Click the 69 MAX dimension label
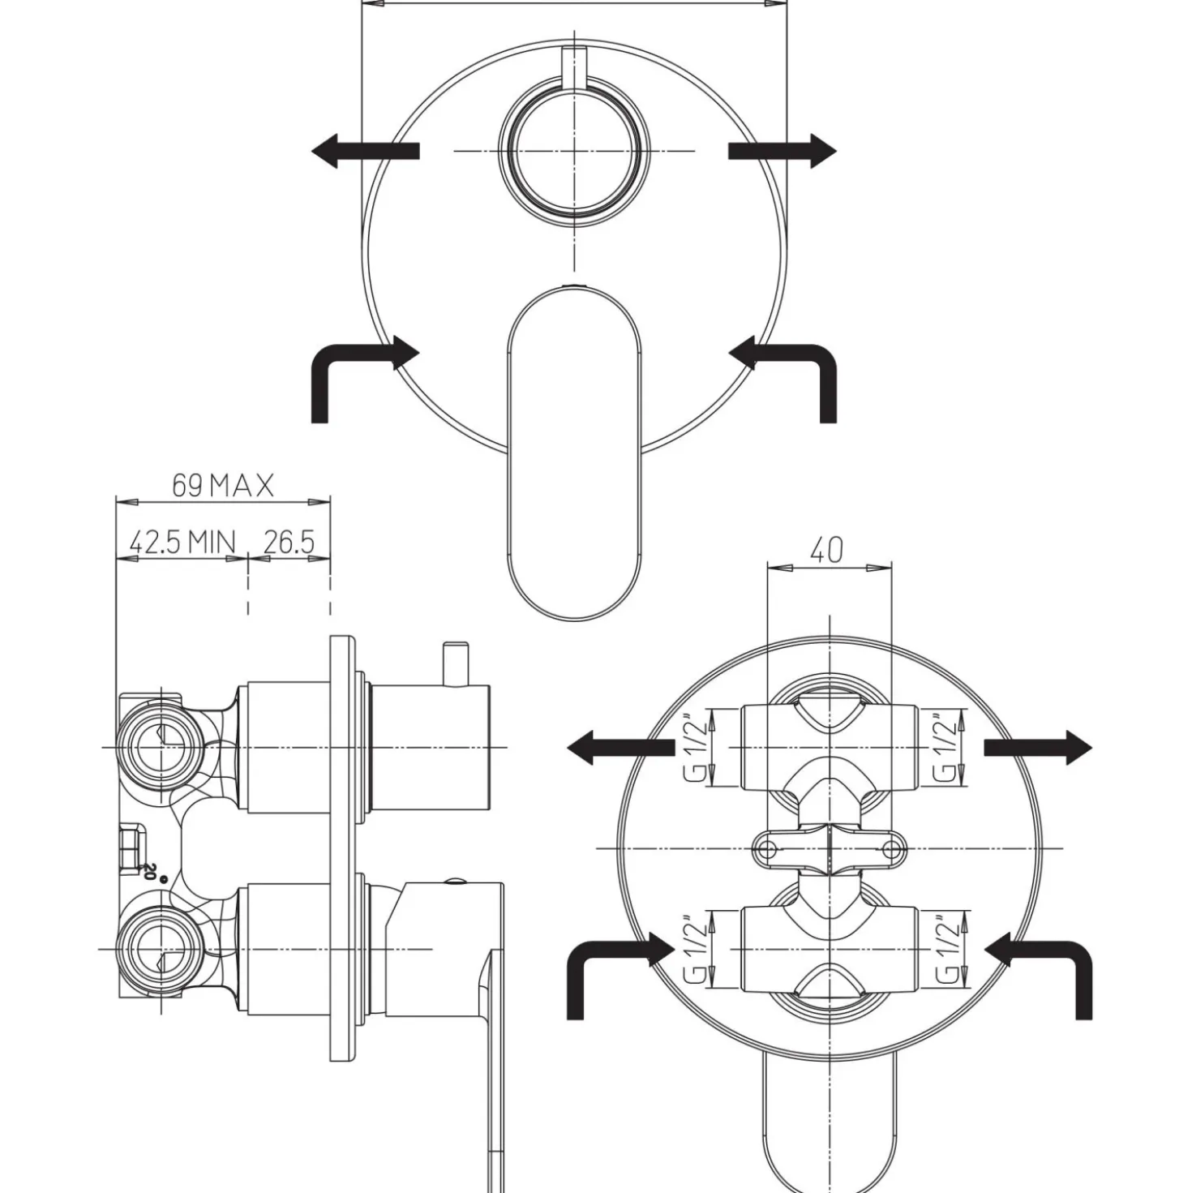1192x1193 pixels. (223, 485)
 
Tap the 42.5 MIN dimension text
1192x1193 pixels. (182, 543)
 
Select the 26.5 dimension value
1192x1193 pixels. (289, 543)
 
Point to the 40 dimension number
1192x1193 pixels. (826, 550)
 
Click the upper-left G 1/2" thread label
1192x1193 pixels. (697, 747)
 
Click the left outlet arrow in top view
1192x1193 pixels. (366, 151)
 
